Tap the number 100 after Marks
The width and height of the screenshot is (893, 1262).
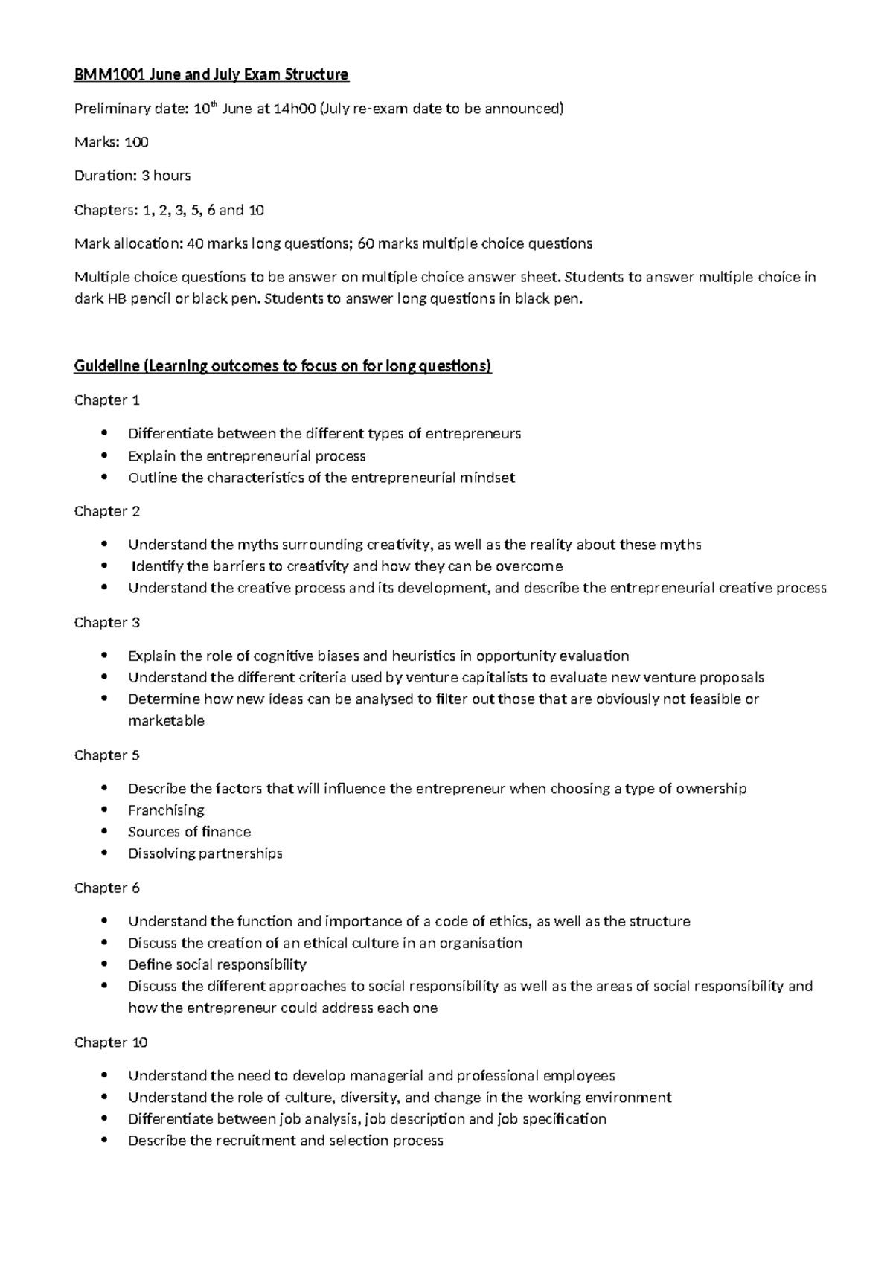[136, 142]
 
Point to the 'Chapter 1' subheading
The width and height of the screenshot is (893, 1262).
[106, 400]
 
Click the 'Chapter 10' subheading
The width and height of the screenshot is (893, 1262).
[111, 1042]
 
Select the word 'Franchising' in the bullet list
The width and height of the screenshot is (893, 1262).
[166, 810]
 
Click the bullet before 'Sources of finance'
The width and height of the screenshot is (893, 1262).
[108, 832]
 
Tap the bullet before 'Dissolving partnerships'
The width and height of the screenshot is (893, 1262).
[108, 853]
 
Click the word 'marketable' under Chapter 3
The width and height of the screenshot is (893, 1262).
[166, 721]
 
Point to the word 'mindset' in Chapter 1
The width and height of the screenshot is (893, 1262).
[487, 478]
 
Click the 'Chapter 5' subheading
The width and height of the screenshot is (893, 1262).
[106, 755]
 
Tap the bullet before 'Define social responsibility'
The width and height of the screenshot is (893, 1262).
[108, 965]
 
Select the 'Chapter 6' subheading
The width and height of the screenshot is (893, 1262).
[106, 888]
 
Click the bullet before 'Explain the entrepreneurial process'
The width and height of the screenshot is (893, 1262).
[108, 456]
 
